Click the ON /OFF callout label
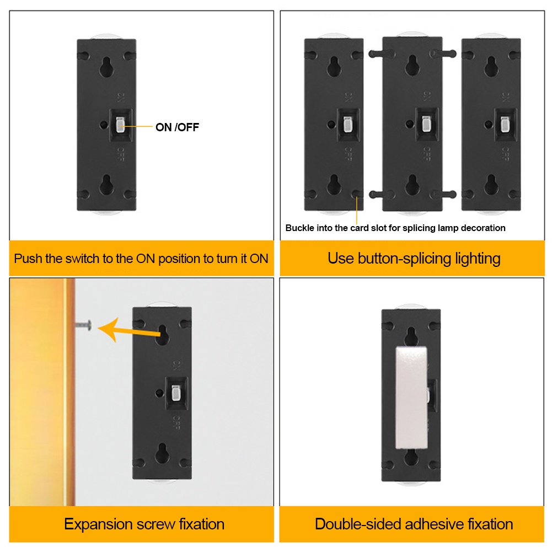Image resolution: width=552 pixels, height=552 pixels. pyautogui.click(x=177, y=127)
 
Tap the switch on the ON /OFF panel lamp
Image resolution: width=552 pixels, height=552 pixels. pyautogui.click(x=121, y=125)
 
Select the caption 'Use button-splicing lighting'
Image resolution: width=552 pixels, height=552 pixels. pyautogui.click(x=414, y=258)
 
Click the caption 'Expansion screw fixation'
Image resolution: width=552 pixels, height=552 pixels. pyautogui.click(x=144, y=523)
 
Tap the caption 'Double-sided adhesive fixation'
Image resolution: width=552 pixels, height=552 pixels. pyautogui.click(x=414, y=523)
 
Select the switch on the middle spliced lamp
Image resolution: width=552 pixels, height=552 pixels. pyautogui.click(x=425, y=125)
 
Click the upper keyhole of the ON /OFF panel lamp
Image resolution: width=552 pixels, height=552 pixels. pyautogui.click(x=106, y=67)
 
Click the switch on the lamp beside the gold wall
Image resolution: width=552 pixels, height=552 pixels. pyautogui.click(x=176, y=393)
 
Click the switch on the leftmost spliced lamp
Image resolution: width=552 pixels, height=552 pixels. pyautogui.click(x=347, y=125)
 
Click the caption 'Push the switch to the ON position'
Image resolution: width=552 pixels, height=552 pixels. pyautogui.click(x=141, y=258)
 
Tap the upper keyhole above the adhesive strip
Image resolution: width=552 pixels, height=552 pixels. pyautogui.click(x=411, y=335)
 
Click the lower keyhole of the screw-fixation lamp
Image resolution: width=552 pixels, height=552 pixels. pyautogui.click(x=162, y=453)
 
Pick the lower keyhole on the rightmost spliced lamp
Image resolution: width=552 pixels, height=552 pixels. pyautogui.click(x=491, y=183)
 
